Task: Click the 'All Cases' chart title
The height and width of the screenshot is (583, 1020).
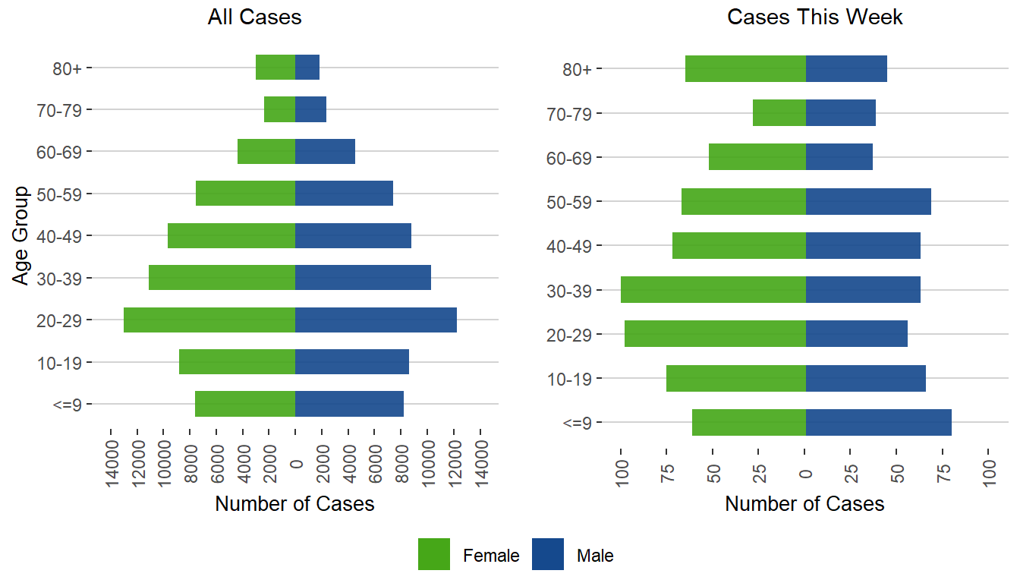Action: point(254,17)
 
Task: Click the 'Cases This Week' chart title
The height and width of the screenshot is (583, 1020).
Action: point(814,17)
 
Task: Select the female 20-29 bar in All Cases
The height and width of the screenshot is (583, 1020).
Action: point(209,320)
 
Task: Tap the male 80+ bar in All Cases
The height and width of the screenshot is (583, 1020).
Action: point(307,68)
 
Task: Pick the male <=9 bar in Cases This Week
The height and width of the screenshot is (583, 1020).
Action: point(878,422)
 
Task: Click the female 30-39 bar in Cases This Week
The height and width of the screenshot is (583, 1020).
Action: point(713,290)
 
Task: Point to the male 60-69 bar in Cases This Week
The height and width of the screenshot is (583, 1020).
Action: point(839,157)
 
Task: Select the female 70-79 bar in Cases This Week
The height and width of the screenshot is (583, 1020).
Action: point(779,113)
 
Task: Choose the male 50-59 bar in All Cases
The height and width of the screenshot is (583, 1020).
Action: point(344,194)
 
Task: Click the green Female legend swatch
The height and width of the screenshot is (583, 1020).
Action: point(434,554)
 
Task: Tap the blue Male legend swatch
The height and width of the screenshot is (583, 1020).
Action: point(548,554)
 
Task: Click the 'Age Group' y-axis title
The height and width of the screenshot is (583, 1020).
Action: point(21,235)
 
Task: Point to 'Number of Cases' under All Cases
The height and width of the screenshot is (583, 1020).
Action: point(294,504)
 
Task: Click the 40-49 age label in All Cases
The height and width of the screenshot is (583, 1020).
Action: point(64,236)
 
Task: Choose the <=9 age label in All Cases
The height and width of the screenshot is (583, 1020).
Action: point(71,405)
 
